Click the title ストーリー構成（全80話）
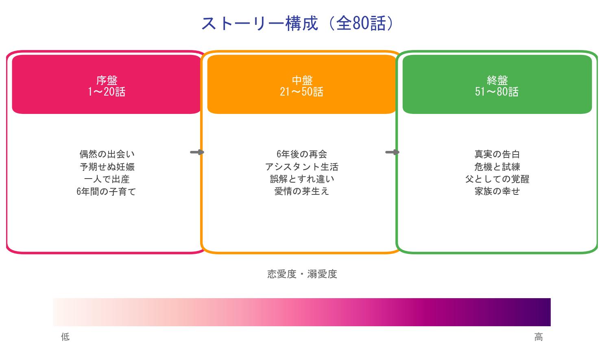point(298,24)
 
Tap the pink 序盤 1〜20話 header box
point(107,85)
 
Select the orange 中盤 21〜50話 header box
point(301,85)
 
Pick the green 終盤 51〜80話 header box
point(497,85)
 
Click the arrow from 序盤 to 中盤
point(197,152)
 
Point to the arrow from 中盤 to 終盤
point(392,152)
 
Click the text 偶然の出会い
point(107,154)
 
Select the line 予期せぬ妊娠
point(107,167)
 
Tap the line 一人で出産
point(107,179)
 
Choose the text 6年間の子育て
point(106,191)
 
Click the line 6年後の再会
point(301,154)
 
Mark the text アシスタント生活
point(301,167)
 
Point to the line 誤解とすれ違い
point(301,179)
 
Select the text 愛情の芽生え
point(301,191)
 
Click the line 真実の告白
point(497,154)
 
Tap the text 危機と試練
point(497,167)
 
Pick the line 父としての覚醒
point(497,179)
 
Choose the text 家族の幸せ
point(497,191)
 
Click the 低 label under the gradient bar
point(65,337)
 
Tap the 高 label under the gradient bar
point(538,337)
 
